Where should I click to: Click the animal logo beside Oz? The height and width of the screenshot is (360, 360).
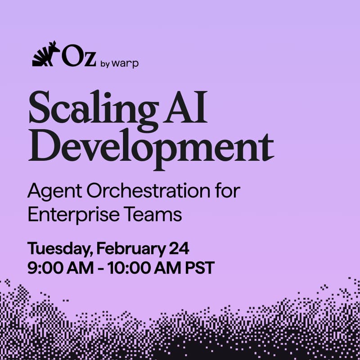pyautogui.click(x=45, y=54)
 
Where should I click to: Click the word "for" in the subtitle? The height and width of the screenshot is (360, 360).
pyautogui.click(x=228, y=192)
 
